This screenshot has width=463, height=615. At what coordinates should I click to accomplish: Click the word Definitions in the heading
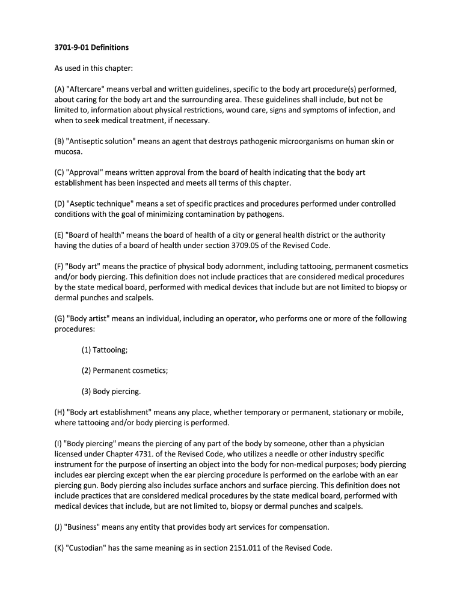(x=109, y=47)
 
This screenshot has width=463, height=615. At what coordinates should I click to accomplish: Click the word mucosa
(x=68, y=152)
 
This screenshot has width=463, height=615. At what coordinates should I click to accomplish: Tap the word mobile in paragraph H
(x=390, y=413)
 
